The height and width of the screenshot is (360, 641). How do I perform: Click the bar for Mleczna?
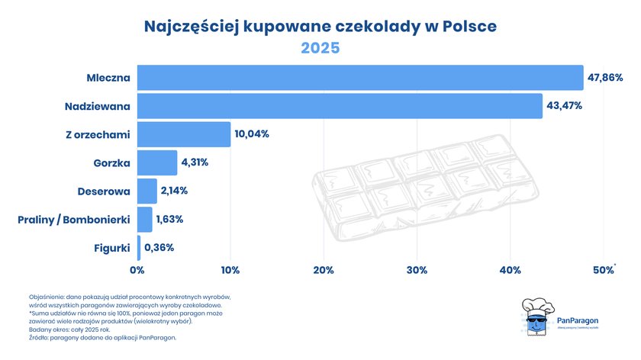[x=360, y=78]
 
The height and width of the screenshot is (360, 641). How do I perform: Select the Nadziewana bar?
[x=340, y=106]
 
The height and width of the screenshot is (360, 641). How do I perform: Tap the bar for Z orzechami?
[x=184, y=134]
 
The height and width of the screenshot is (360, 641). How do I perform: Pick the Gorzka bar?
[x=157, y=162]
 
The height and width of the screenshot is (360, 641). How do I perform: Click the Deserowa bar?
[x=147, y=191]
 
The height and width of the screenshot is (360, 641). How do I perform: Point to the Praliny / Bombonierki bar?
[x=145, y=220]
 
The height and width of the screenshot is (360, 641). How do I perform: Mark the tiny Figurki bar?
[x=139, y=248]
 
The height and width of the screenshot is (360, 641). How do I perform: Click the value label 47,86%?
[x=605, y=78]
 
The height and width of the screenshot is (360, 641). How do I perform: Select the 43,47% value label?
[x=565, y=106]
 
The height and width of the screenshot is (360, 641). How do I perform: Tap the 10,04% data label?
[x=252, y=134]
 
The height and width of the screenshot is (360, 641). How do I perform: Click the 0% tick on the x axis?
[x=137, y=270]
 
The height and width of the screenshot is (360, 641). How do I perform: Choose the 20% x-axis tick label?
[x=324, y=270]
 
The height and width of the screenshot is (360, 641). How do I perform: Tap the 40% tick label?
[x=511, y=270]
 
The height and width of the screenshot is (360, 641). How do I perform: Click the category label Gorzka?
[x=110, y=162]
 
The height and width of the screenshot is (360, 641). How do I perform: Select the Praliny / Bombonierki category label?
[x=73, y=220]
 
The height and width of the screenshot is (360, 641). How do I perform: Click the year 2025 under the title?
[x=320, y=48]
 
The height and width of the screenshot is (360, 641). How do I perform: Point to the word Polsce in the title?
[x=465, y=26]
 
